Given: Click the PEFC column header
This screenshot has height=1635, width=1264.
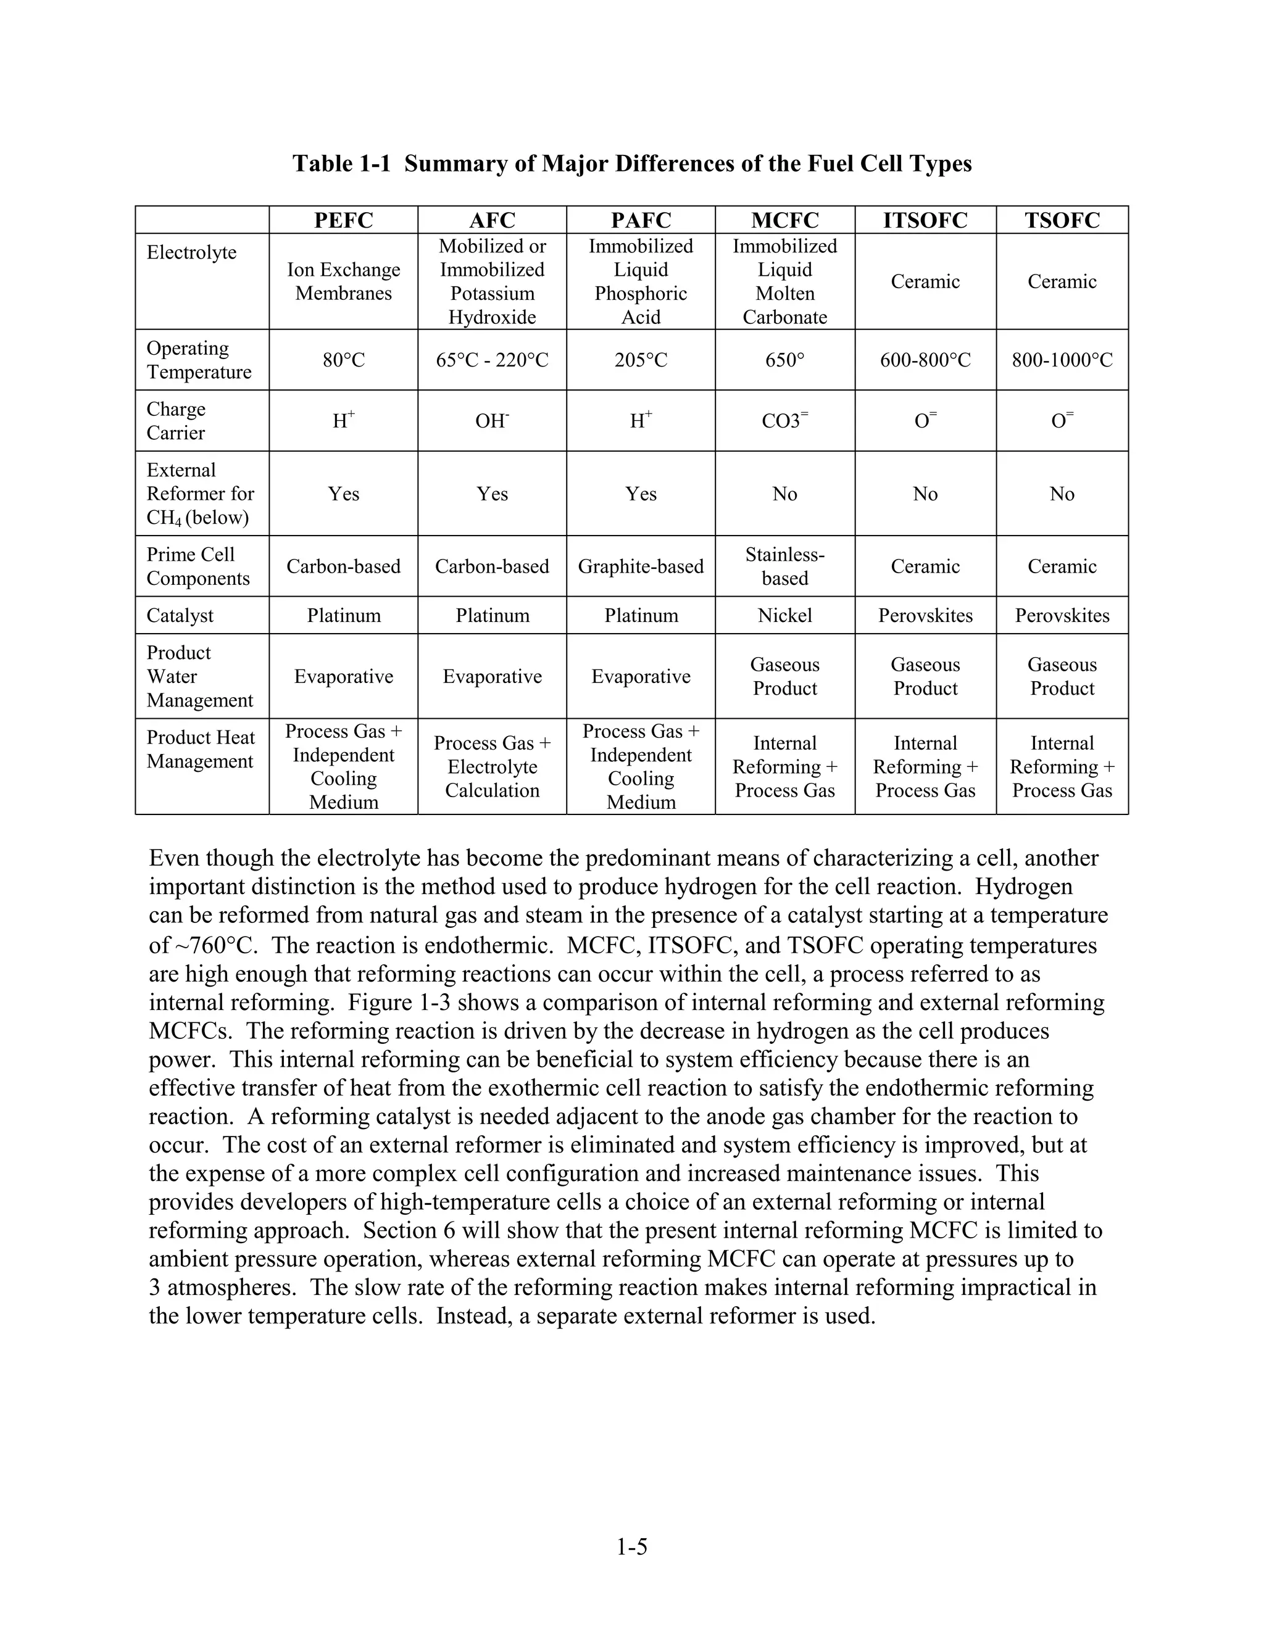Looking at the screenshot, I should coord(343,220).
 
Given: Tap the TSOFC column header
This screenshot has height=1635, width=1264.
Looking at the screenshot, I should coord(1061,220).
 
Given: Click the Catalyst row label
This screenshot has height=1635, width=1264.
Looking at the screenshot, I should coord(180,615).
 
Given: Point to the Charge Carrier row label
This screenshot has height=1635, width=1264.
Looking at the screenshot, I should coord(176,421).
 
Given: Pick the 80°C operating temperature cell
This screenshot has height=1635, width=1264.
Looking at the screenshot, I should coord(343,360).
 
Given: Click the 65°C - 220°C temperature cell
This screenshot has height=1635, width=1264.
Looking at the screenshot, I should coord(492,360).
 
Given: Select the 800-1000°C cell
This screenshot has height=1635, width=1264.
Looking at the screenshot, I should coord(1061,360).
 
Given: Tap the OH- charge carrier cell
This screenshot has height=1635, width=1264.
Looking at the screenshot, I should coord(492,421).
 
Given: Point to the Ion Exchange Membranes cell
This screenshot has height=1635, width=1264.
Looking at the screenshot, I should coord(343,281).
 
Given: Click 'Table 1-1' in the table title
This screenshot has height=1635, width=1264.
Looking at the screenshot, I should coord(341,163).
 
